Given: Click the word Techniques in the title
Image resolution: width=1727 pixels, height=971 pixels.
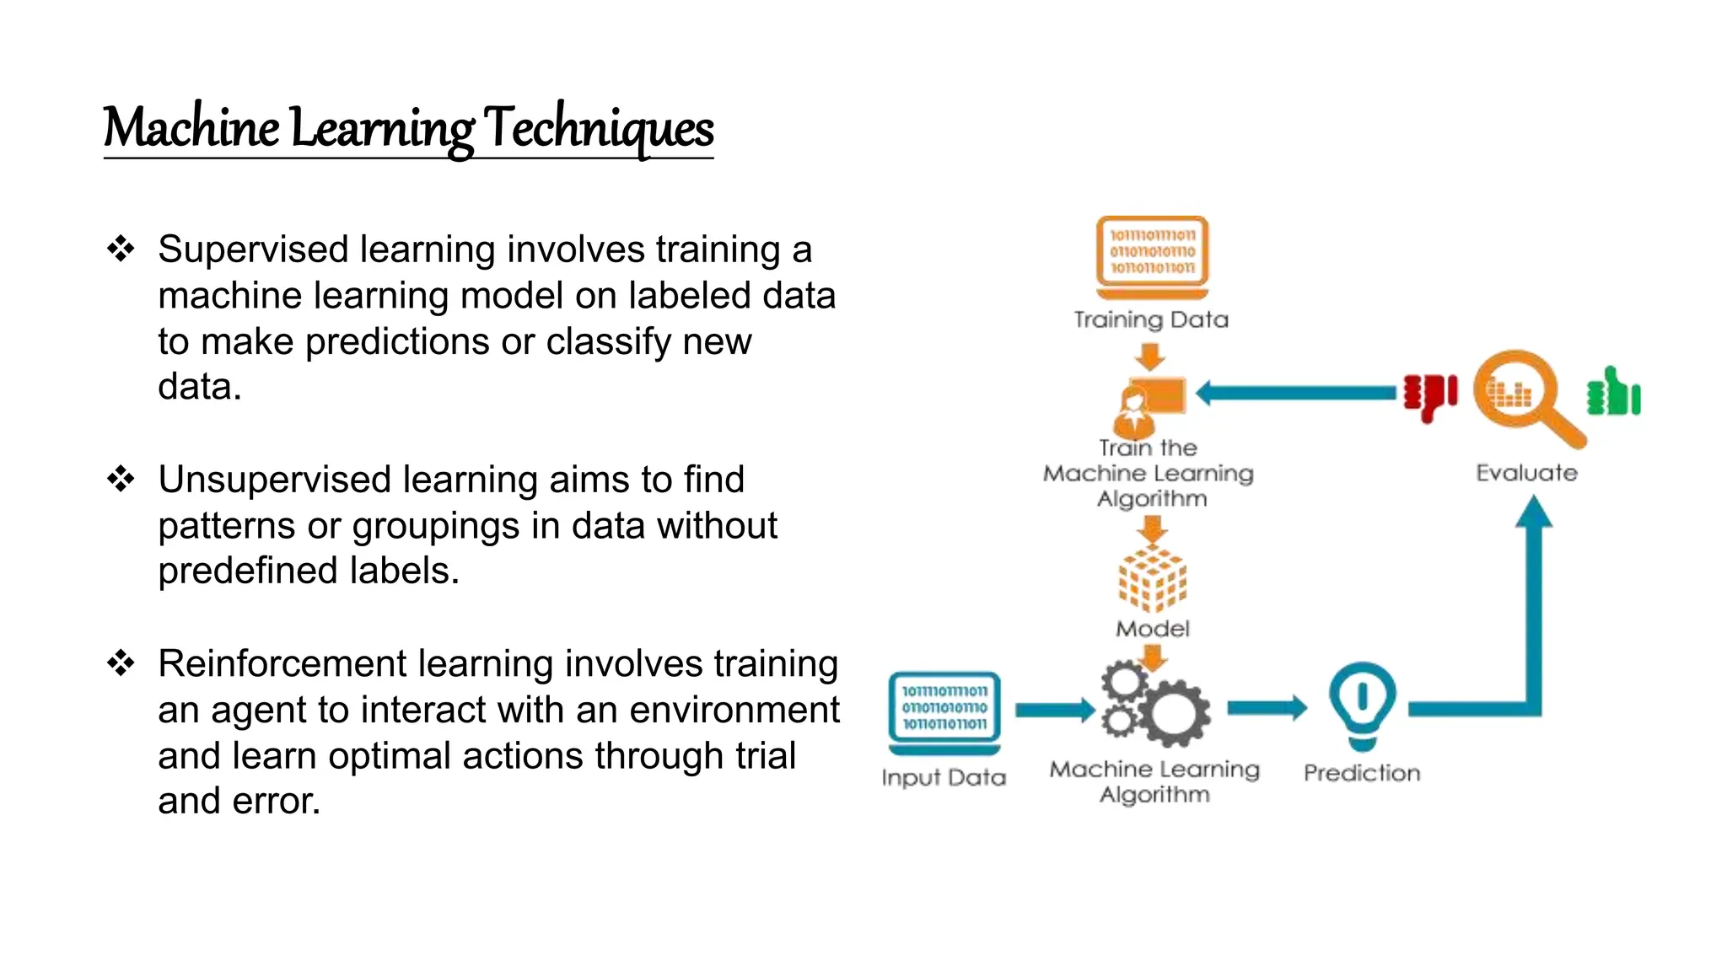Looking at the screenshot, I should pos(599,128).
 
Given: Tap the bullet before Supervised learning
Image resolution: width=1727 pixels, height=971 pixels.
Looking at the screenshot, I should pos(121,249).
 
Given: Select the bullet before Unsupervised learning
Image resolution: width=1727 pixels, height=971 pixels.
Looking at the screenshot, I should pos(121,479).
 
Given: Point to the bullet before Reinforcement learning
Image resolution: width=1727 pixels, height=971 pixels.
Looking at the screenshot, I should pos(121,663).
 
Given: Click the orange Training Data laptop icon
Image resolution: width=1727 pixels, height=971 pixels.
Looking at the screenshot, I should pos(1152,256).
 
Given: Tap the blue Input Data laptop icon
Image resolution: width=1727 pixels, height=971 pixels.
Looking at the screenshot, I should pos(944,713).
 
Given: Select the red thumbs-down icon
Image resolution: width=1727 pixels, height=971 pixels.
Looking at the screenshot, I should pos(1429,396).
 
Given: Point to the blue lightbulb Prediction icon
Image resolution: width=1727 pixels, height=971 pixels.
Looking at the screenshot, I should pos(1362,705).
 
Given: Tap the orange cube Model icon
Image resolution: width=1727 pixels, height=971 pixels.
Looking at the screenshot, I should pos(1152,578).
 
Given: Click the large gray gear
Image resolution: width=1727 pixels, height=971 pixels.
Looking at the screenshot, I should pos(1173,713).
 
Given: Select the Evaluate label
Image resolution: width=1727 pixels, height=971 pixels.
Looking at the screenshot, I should pos(1526,473).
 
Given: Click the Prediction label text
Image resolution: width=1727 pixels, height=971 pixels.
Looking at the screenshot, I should pos(1362,773).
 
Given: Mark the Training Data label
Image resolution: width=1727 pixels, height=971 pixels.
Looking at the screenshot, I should pos(1151,319).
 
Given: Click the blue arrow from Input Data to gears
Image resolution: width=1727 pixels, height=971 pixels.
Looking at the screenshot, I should pos(1054,710).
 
